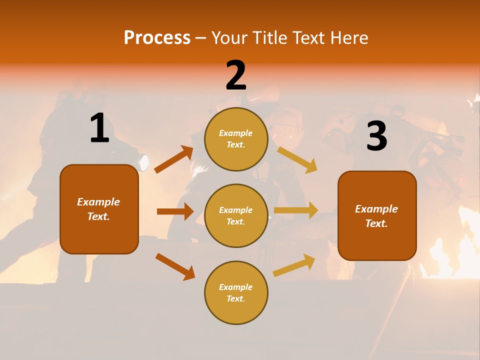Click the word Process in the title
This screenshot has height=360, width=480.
157,38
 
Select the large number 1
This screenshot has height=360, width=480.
99,129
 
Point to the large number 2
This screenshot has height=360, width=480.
236,75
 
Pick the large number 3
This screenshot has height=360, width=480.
376,136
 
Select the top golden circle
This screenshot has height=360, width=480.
236,139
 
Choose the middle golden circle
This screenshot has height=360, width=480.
236,215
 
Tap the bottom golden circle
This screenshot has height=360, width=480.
236,292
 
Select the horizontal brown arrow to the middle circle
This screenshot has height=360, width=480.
175,211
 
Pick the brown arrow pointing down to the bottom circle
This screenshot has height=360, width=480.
175,266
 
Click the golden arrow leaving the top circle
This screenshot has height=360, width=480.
297,159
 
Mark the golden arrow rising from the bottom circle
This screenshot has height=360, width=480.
294,265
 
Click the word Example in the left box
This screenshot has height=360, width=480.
98,202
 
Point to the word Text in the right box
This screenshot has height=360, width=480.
376,223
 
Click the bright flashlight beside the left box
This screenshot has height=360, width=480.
144,162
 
